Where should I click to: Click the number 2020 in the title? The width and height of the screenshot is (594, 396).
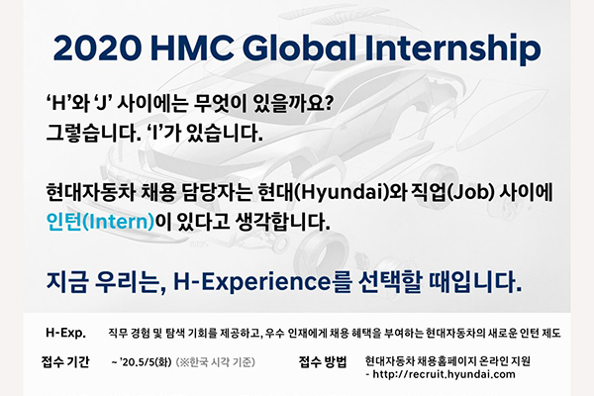(98, 49)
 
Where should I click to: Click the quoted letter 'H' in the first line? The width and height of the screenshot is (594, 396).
(56, 103)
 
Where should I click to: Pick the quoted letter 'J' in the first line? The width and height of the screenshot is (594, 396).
(100, 103)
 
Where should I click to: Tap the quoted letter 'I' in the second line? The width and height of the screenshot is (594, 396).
(154, 134)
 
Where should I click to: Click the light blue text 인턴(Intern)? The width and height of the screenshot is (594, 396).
(100, 222)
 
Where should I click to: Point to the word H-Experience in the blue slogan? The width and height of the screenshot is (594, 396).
(251, 282)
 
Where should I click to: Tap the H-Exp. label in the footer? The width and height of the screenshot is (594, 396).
(65, 333)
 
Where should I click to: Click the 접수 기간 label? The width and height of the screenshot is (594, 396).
(65, 362)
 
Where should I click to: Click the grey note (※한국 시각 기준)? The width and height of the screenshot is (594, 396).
(216, 362)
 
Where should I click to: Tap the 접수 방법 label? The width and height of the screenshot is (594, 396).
(323, 362)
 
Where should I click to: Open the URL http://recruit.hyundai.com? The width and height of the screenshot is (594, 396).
(444, 375)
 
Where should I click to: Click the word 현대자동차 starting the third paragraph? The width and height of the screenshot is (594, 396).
(90, 192)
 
